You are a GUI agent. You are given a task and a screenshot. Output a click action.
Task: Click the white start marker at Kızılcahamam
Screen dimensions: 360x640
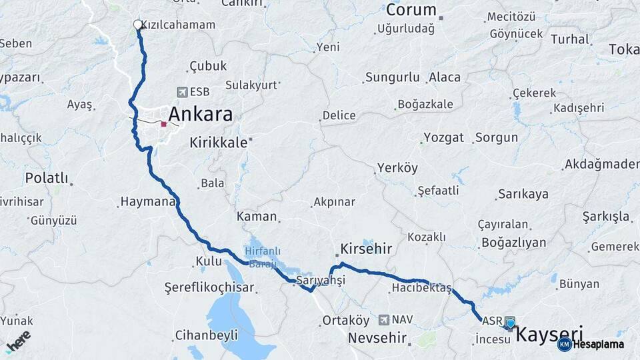[138, 25]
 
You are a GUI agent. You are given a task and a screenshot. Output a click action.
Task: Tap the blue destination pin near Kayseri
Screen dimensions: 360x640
[511, 324]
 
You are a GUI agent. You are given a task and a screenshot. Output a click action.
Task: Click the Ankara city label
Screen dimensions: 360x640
[200, 114]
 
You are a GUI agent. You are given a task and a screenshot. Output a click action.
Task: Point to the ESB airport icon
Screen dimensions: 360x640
[182, 92]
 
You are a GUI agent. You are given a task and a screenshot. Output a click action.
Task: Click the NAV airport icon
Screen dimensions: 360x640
[384, 321]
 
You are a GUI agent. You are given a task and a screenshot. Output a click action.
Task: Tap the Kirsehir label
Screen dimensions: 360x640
[366, 249]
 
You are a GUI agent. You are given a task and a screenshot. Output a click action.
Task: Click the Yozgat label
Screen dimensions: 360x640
[443, 138]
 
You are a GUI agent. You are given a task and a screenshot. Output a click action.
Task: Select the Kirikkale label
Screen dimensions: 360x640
[219, 142]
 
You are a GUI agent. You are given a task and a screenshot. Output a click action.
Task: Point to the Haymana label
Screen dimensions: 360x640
[147, 201]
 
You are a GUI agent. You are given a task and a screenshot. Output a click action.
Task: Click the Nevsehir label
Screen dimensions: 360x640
[377, 339]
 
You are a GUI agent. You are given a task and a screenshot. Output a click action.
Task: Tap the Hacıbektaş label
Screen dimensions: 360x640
[421, 288]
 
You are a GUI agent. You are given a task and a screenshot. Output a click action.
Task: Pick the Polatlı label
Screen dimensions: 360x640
[47, 178]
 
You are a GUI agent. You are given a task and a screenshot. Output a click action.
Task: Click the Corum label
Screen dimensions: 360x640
[411, 10]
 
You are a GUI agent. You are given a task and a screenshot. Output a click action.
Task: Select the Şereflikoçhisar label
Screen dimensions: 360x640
[209, 287]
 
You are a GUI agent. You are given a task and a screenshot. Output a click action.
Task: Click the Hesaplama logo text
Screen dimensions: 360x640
[599, 344]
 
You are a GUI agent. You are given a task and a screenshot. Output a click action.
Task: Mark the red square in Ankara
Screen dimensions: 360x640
[163, 123]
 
